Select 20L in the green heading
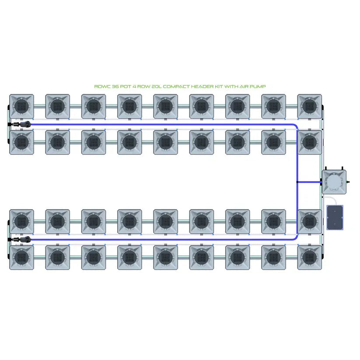tap(157, 87)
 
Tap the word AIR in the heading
tap(248, 87)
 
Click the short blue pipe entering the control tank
tap(310, 182)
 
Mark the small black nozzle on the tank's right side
tap(349, 181)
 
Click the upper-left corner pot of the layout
tap(21, 106)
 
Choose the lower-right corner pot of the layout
tap(309, 257)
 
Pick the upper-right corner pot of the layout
tap(309, 106)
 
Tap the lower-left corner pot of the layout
tap(21, 257)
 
